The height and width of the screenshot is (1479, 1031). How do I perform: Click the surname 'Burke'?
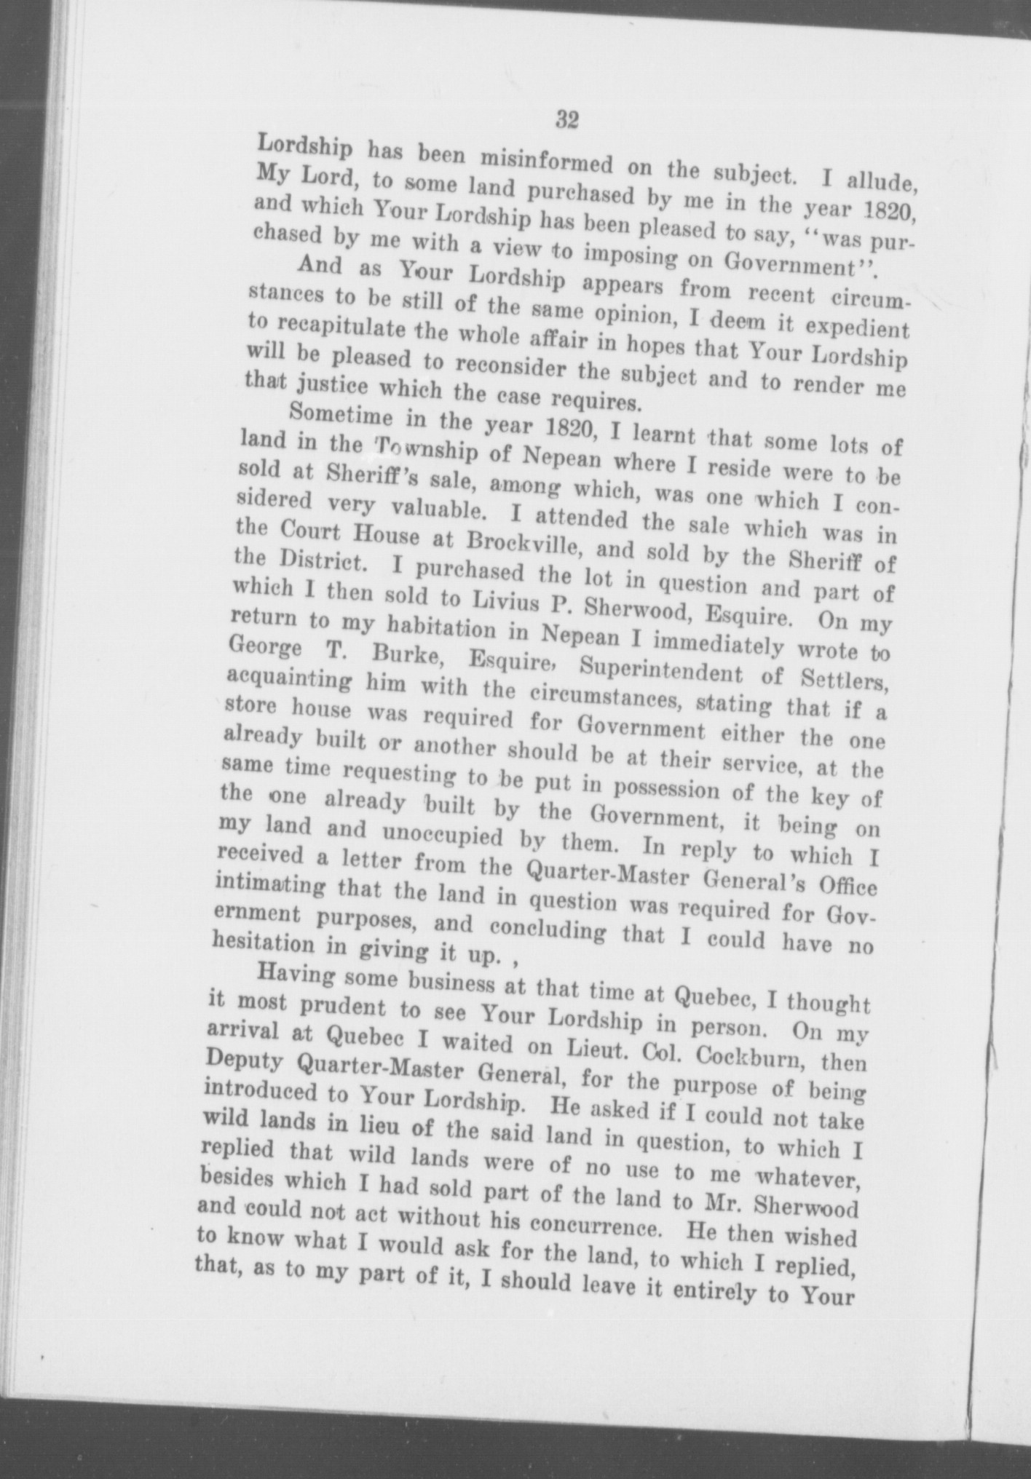click(403, 655)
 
